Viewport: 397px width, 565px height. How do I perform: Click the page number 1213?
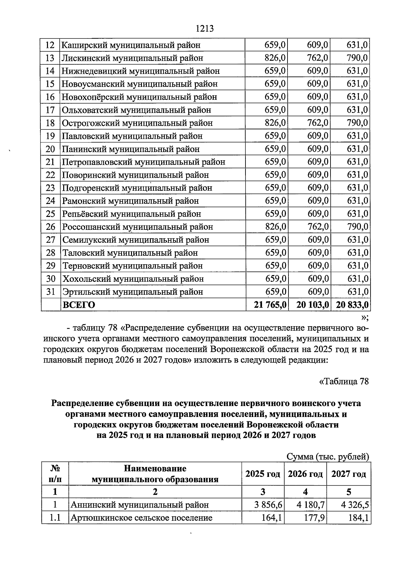pos(205,29)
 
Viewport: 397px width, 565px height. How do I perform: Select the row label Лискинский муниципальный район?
pos(132,58)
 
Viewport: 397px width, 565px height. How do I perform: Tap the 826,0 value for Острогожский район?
pos(275,123)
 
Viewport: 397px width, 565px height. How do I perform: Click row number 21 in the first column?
pos(50,162)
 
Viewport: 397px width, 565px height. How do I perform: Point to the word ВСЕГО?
pos(79,305)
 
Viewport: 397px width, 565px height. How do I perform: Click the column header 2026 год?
pos(305,474)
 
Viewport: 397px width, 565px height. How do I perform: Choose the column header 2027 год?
pos(349,474)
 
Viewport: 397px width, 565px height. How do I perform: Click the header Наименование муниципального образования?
pos(155,474)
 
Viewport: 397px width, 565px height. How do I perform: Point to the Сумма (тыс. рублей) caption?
pos(327,457)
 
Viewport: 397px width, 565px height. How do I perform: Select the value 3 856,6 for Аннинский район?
pos(266,505)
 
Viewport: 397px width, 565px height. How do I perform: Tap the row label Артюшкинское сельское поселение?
pos(142,518)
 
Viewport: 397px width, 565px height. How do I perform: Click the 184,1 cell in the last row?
pos(359,518)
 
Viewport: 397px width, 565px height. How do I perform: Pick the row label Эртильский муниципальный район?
pos(133,292)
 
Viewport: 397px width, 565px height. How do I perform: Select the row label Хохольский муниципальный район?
pos(133,279)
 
